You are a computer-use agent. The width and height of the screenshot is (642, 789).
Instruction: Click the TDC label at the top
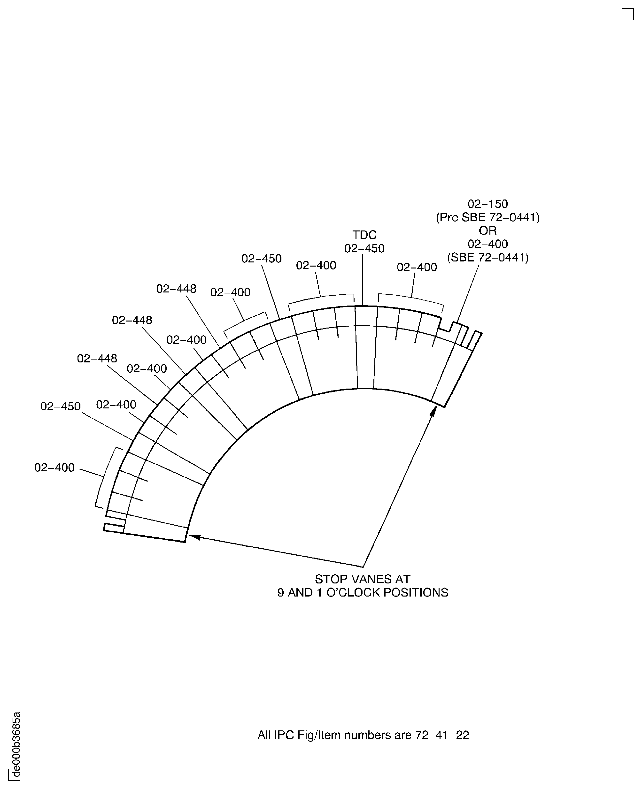tap(364, 235)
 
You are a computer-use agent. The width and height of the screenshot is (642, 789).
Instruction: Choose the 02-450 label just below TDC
tap(364, 248)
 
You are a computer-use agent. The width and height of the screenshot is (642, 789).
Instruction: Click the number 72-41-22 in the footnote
tap(442, 735)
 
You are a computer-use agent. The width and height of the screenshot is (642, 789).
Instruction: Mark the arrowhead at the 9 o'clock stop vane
tap(193, 536)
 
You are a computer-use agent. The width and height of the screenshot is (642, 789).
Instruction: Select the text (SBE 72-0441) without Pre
tap(487, 257)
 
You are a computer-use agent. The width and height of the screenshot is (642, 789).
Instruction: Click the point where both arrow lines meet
tap(363, 567)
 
